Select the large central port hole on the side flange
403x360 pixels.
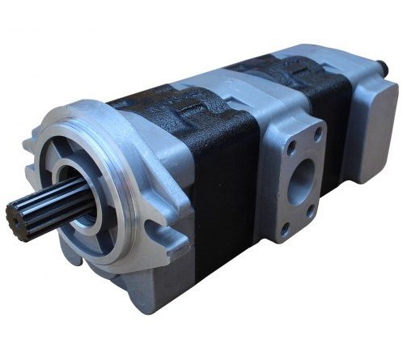pyautogui.click(x=301, y=178)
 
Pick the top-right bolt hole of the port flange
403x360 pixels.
pyautogui.click(x=317, y=131)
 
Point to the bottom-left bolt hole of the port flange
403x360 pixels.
pyautogui.click(x=285, y=229)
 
